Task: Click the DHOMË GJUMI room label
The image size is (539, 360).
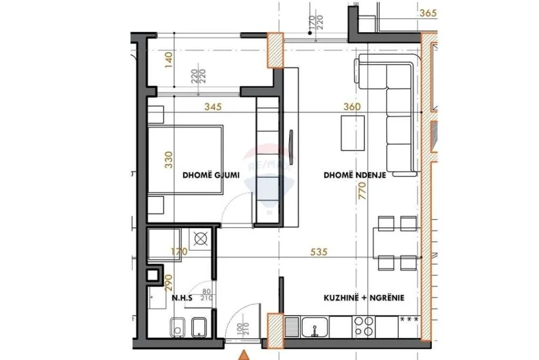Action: pos(207,175)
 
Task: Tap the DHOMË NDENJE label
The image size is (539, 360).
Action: pos(355,175)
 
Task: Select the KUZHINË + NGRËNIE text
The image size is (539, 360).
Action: pos(364,298)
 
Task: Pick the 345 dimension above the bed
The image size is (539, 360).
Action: pos(212,106)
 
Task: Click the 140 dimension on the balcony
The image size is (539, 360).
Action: pos(168,60)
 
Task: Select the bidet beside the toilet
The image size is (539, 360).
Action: pos(199,328)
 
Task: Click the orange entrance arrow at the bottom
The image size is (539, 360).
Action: pos(244,355)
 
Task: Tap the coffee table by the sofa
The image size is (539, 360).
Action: pos(349,133)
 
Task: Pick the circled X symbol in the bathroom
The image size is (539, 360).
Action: pos(201,240)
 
